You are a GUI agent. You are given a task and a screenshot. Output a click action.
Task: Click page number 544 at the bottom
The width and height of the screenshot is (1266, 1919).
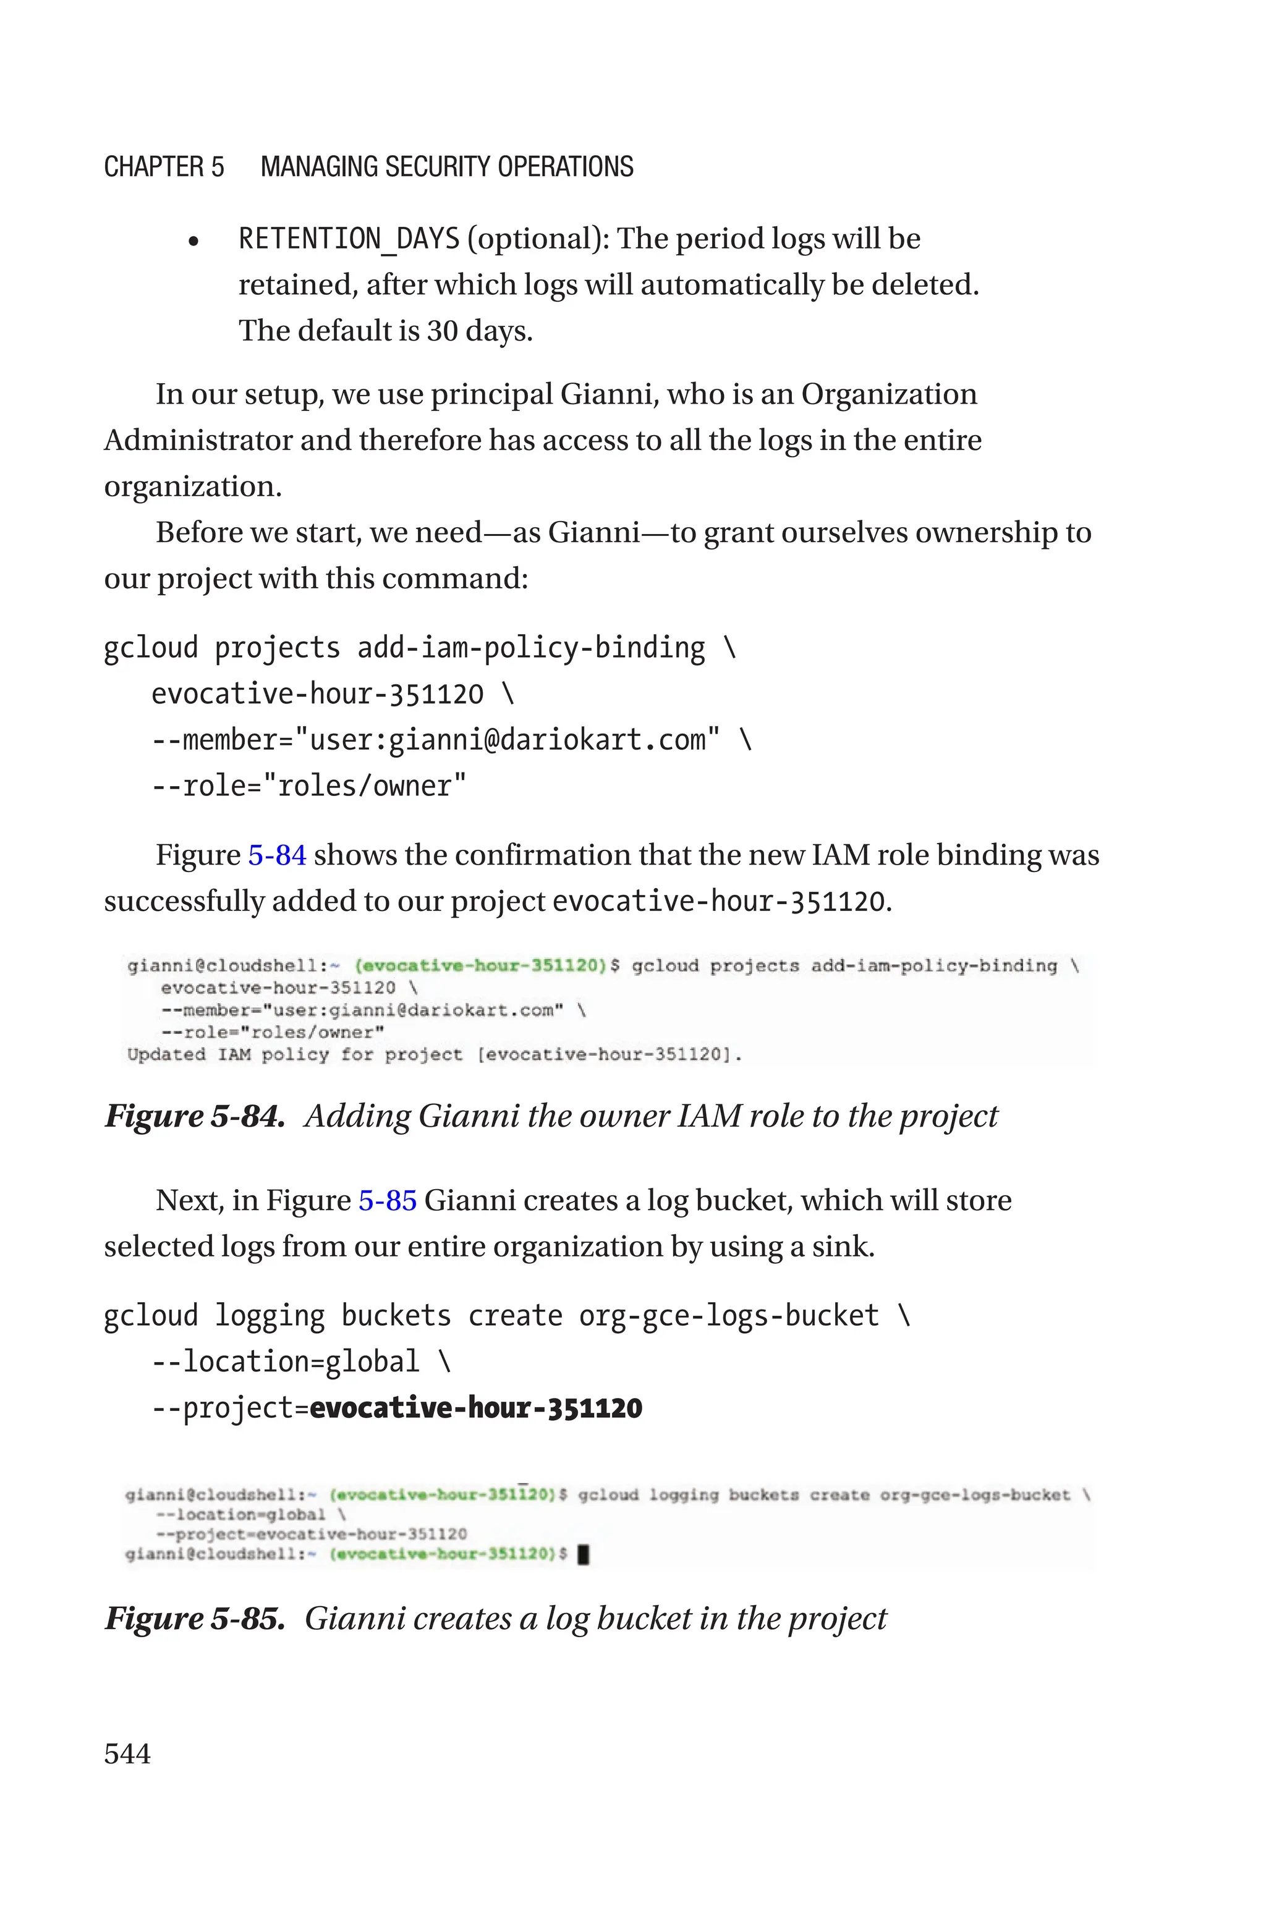click(x=127, y=1753)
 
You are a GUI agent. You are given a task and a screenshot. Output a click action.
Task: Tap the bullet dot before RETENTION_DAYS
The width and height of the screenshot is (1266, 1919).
click(x=193, y=241)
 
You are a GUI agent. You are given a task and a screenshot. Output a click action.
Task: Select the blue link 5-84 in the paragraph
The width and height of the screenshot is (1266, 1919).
click(x=277, y=855)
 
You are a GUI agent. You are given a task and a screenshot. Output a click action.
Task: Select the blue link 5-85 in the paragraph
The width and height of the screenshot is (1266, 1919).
click(x=387, y=1200)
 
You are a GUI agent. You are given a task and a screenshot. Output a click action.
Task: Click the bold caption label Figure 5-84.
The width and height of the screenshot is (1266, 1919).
click(x=195, y=1116)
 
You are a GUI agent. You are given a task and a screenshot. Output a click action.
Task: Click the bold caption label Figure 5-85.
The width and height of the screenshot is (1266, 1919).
click(x=195, y=1618)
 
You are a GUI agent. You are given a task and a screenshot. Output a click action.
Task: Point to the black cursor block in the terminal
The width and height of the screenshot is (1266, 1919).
click(x=584, y=1554)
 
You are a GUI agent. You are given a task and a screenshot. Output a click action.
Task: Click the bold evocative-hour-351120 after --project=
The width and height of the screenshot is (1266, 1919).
click(x=475, y=1408)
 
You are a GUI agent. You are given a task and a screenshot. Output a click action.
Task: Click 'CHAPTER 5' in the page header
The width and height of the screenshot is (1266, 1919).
click(x=164, y=167)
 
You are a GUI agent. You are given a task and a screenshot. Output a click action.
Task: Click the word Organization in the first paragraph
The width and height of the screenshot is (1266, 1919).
click(x=888, y=394)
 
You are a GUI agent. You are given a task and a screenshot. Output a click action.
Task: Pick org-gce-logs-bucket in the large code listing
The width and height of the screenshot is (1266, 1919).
click(x=728, y=1316)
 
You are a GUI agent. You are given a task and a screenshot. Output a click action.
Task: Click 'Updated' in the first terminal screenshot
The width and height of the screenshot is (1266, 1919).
click(x=166, y=1055)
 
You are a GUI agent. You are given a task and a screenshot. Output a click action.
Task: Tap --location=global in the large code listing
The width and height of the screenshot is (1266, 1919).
click(x=286, y=1362)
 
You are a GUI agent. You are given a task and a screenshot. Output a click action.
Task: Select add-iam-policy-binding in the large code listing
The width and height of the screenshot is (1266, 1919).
click(x=530, y=648)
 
